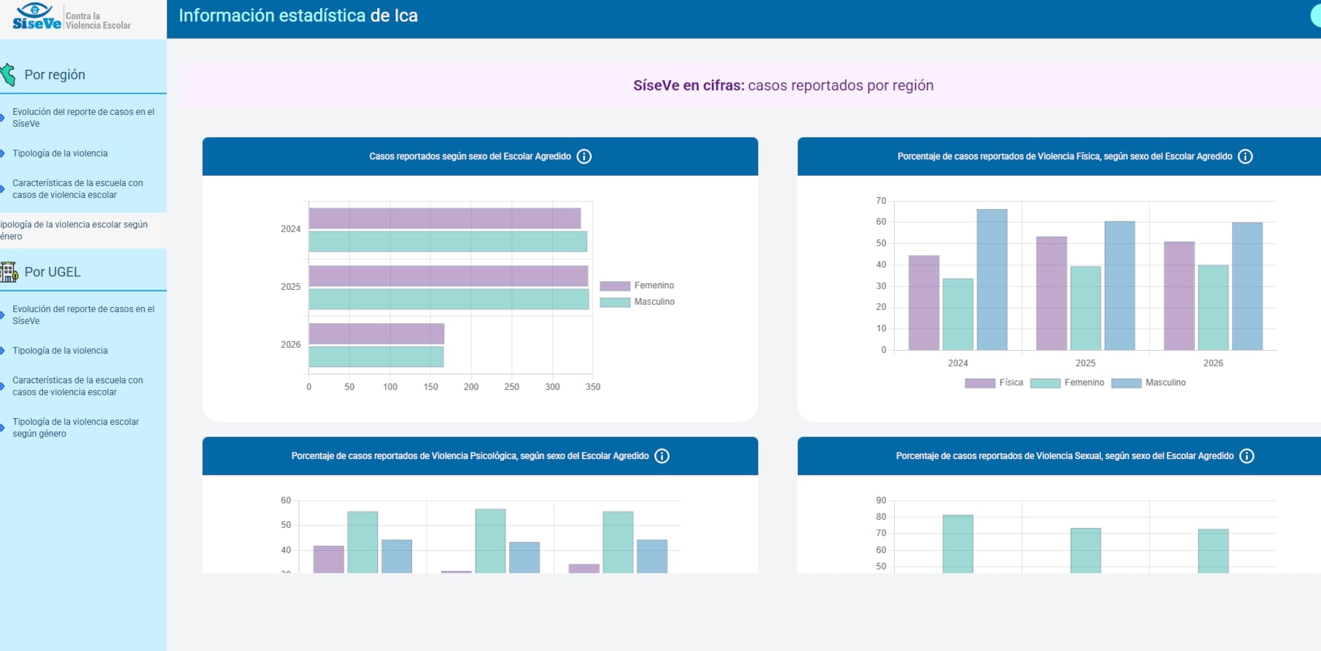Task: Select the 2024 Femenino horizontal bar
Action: point(445,219)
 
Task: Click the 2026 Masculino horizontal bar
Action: point(376,357)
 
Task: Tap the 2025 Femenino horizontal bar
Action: point(448,276)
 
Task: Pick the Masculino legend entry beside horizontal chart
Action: point(637,302)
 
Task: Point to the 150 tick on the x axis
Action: point(430,387)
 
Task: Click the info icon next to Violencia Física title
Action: point(1245,156)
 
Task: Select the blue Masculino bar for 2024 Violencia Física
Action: point(992,280)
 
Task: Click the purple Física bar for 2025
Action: point(1051,294)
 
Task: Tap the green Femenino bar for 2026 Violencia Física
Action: point(1213,308)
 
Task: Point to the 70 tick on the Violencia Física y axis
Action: point(881,201)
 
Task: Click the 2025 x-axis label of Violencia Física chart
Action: point(1085,363)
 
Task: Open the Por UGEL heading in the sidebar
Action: point(53,272)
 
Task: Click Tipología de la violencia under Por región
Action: point(60,153)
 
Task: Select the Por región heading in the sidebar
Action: point(55,75)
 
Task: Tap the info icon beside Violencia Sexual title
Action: point(1247,456)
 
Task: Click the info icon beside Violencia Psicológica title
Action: point(662,456)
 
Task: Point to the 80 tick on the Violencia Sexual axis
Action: point(881,517)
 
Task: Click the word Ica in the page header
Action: point(406,16)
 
